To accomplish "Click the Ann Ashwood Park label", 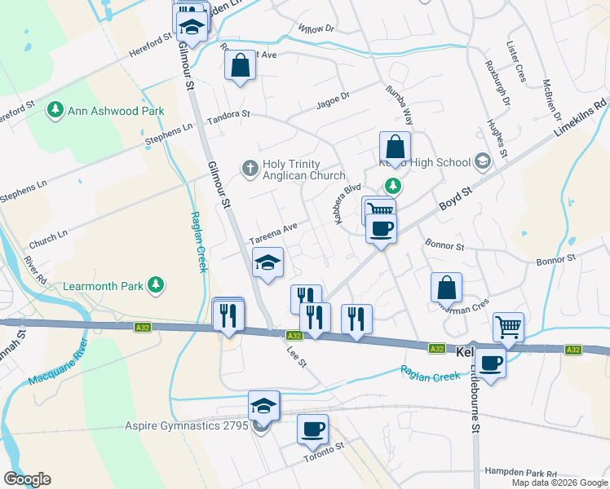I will pos(117,111).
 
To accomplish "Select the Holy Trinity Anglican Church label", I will pos(303,169).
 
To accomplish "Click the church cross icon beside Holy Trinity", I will pos(250,169).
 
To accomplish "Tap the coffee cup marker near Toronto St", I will pos(312,427).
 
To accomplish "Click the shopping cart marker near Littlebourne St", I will pos(508,327).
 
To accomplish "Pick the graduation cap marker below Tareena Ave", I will pos(267,262).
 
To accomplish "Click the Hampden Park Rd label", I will pos(520,473).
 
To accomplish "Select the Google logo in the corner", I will pos(26,479).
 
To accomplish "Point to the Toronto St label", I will pos(325,452).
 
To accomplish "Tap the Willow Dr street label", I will pos(316,29).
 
